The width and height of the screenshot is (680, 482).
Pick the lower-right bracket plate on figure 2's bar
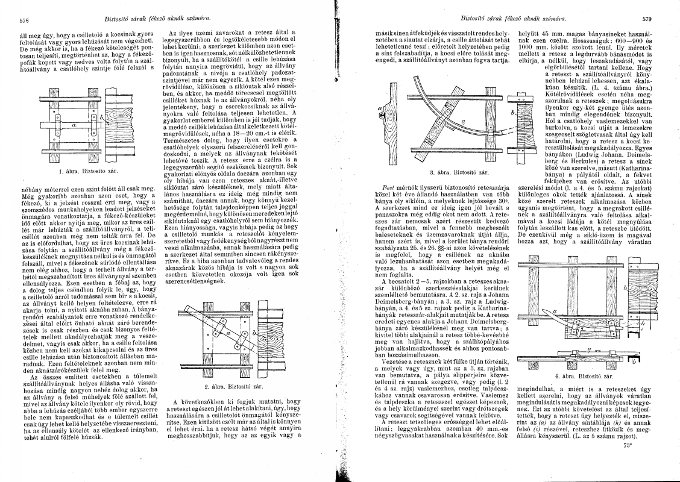[x=240, y=357]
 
